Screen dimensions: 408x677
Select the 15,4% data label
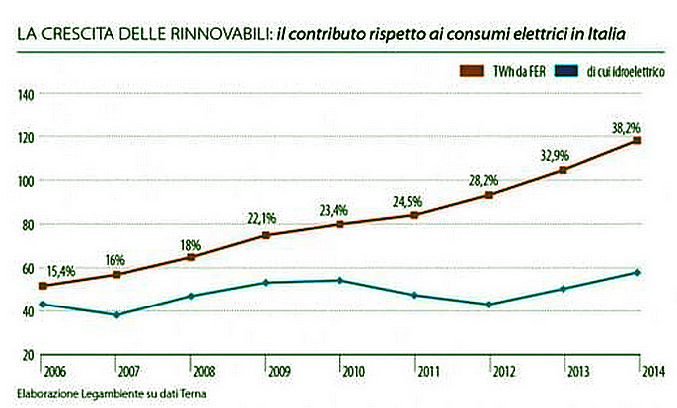pyautogui.click(x=63, y=270)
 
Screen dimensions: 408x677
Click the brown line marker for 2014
pyautogui.click(x=637, y=141)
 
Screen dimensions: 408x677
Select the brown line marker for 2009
pyautogui.click(x=266, y=235)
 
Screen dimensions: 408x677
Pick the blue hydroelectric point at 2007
pyautogui.click(x=116, y=315)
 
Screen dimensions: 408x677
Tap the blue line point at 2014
pyautogui.click(x=637, y=273)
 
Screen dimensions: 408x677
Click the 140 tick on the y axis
pyautogui.click(x=25, y=94)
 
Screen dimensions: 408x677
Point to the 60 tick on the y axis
pyautogui.click(x=27, y=268)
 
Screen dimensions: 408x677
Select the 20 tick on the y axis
pyautogui.click(x=27, y=355)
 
